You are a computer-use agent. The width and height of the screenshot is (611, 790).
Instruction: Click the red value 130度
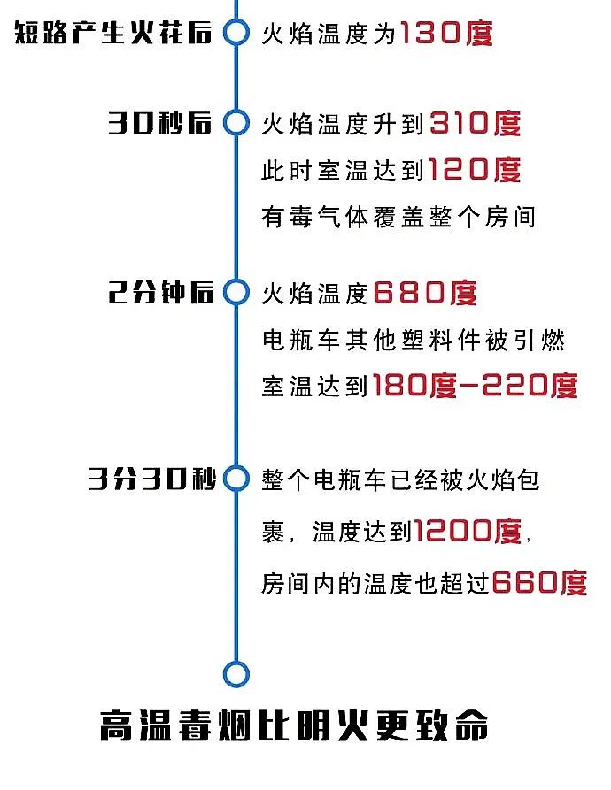(x=446, y=34)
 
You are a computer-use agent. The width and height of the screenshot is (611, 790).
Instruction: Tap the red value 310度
(x=475, y=124)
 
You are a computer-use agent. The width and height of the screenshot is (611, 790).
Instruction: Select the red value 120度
(x=475, y=169)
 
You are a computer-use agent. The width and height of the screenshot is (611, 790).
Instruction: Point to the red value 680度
(x=424, y=293)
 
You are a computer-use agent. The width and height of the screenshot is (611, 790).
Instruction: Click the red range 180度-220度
(x=475, y=386)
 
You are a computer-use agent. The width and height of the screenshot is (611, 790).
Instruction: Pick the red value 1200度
(x=468, y=531)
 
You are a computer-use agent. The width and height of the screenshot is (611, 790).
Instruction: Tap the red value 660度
(x=539, y=583)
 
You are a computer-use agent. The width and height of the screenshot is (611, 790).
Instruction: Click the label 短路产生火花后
(x=113, y=33)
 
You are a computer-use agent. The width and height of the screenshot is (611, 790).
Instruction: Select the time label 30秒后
(x=159, y=123)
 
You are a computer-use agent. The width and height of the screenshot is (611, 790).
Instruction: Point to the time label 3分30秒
(x=152, y=479)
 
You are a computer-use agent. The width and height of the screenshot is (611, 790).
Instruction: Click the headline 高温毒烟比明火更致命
(x=294, y=725)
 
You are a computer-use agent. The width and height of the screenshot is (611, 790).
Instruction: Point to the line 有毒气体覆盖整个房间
(x=398, y=217)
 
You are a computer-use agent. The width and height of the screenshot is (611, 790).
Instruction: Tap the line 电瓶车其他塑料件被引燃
(x=413, y=340)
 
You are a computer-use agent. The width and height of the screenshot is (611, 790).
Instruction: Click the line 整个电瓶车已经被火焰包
(x=400, y=480)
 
